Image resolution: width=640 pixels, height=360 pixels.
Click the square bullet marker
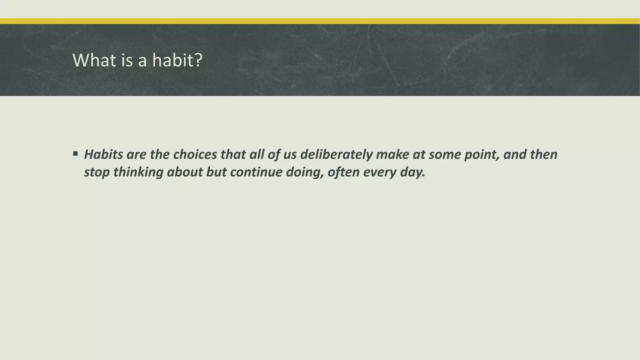coord(75,154)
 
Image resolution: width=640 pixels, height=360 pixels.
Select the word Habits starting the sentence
coord(103,154)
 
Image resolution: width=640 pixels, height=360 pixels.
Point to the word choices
coord(195,154)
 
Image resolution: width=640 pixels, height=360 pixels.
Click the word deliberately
coord(336,154)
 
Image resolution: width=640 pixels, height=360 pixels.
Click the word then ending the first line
coord(543,154)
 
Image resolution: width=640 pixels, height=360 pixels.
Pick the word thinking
coord(138,172)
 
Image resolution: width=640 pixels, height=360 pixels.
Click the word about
coord(185,172)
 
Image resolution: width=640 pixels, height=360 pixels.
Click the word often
coord(343,172)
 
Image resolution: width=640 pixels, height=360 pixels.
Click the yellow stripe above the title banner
coord(320,21)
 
